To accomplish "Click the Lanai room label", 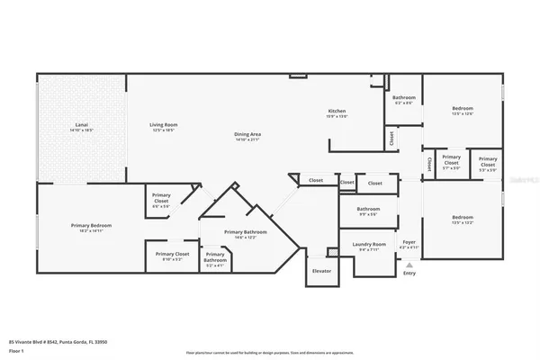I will [83, 125].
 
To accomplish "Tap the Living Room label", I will [163, 125].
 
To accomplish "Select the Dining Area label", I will [247, 134].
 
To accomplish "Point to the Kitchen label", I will [337, 111].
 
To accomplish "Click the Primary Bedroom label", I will [92, 225].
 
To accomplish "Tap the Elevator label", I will [320, 271].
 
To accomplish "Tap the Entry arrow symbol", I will [409, 266].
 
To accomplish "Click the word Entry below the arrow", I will [409, 274].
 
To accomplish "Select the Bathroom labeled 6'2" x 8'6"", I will [404, 97].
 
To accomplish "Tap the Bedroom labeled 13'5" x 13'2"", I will [463, 217].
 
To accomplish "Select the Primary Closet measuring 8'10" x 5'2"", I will [170, 255].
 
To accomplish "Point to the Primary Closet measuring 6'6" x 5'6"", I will [161, 196].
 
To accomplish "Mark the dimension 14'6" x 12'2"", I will [247, 238].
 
